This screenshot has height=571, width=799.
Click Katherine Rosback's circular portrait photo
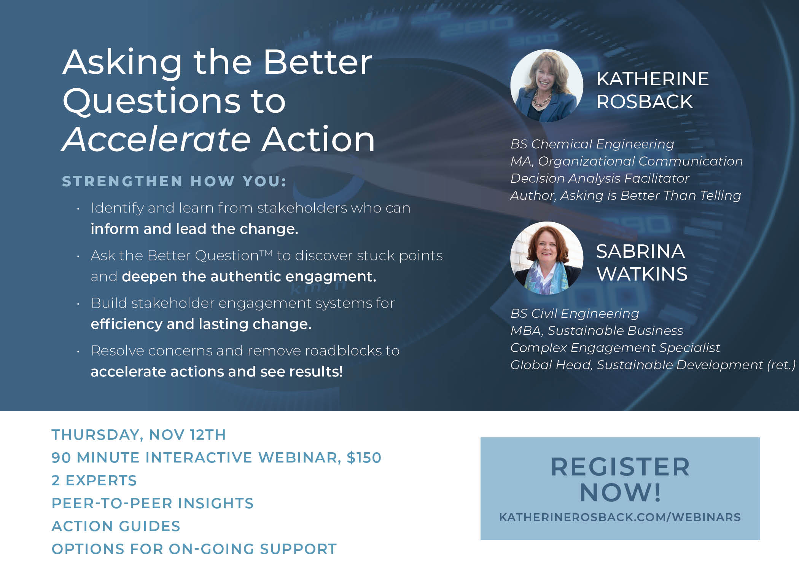point(547,86)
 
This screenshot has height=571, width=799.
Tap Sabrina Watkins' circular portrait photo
point(547,258)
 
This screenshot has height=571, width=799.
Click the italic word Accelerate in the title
point(156,139)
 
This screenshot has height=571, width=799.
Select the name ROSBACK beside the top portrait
point(645,102)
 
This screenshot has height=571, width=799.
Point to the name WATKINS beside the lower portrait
point(642,274)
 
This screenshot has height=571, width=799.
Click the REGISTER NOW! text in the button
point(620,479)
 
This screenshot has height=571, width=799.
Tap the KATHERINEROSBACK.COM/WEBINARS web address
point(620,517)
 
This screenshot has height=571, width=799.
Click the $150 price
point(364,458)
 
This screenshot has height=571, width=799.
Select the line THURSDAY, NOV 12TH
point(139,435)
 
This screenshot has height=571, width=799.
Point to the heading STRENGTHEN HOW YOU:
point(174,181)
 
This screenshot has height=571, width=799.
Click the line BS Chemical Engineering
point(592,144)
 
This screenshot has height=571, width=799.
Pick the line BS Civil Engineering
point(575,314)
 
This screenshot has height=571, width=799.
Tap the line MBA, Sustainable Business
point(597,331)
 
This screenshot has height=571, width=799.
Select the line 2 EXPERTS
point(94,480)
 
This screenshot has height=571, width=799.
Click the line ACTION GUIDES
point(116,526)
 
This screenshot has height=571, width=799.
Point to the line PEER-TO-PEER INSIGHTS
point(153,503)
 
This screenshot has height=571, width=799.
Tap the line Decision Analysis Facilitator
point(600,179)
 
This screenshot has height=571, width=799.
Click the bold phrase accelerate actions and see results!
point(217,372)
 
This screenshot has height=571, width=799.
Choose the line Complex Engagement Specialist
point(615,348)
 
